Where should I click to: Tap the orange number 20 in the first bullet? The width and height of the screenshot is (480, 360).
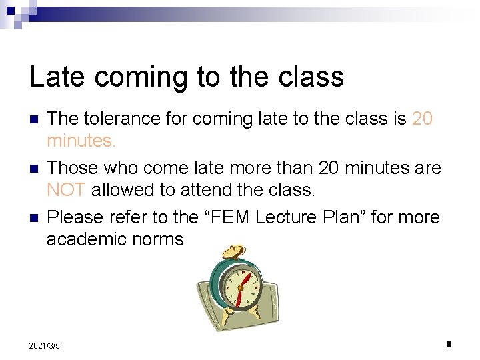click(423, 119)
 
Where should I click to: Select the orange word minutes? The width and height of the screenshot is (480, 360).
click(81, 141)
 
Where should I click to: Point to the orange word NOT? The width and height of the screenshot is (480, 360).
click(66, 190)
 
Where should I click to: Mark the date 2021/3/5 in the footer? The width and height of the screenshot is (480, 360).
click(45, 346)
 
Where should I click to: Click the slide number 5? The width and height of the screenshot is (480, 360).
click(449, 345)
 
